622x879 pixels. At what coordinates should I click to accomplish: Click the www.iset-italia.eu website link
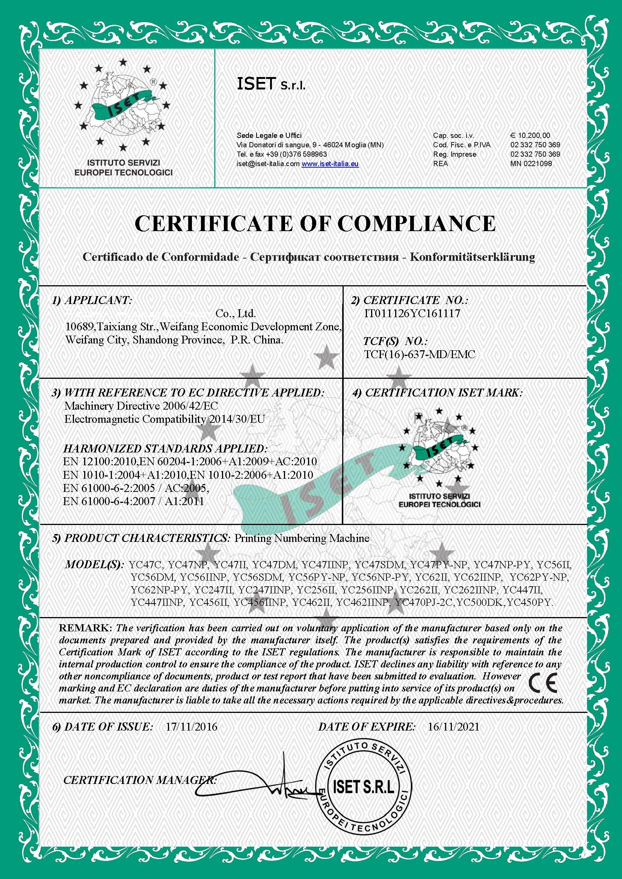coord(330,164)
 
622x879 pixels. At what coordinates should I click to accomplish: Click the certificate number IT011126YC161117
coord(412,313)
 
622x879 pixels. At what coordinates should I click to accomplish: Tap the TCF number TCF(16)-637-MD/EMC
coord(420,354)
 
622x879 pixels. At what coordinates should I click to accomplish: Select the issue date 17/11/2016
coord(191,727)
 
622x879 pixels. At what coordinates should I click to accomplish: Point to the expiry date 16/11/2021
coord(453,727)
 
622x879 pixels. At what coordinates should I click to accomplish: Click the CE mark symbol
coord(542,682)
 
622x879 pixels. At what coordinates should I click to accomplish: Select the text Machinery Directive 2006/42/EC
coord(141,406)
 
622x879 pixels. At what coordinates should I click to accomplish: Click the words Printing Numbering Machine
coord(302,539)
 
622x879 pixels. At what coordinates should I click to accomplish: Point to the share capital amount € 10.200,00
coord(530,135)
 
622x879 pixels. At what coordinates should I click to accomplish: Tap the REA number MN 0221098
coord(531,163)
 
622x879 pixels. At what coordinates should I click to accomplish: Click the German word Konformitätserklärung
coord(472,257)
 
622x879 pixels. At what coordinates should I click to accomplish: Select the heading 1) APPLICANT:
coord(92,300)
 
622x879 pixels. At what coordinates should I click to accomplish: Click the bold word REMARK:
coord(85,628)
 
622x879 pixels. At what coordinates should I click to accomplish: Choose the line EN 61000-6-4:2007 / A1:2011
coord(133,502)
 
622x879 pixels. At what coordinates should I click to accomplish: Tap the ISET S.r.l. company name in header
coord(271,84)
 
